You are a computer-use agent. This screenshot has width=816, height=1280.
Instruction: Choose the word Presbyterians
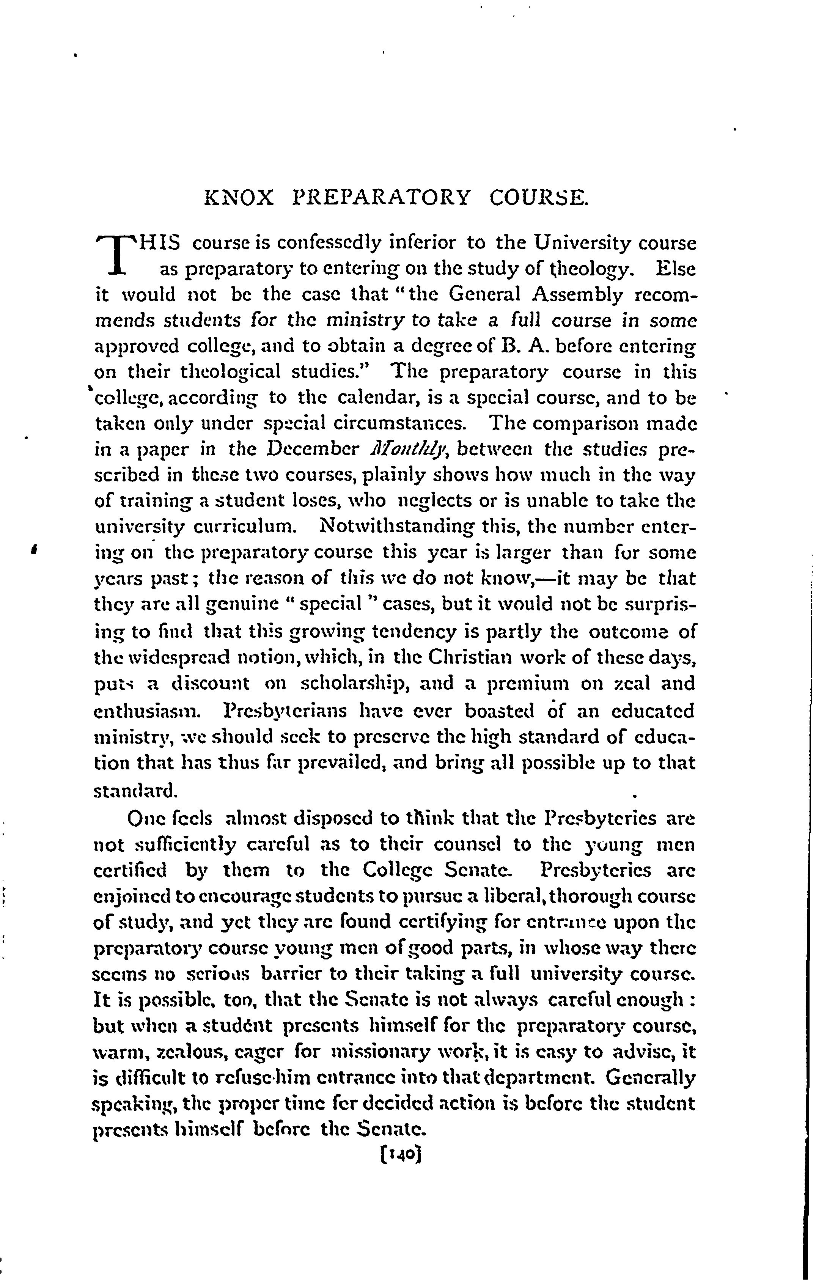[x=287, y=710]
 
